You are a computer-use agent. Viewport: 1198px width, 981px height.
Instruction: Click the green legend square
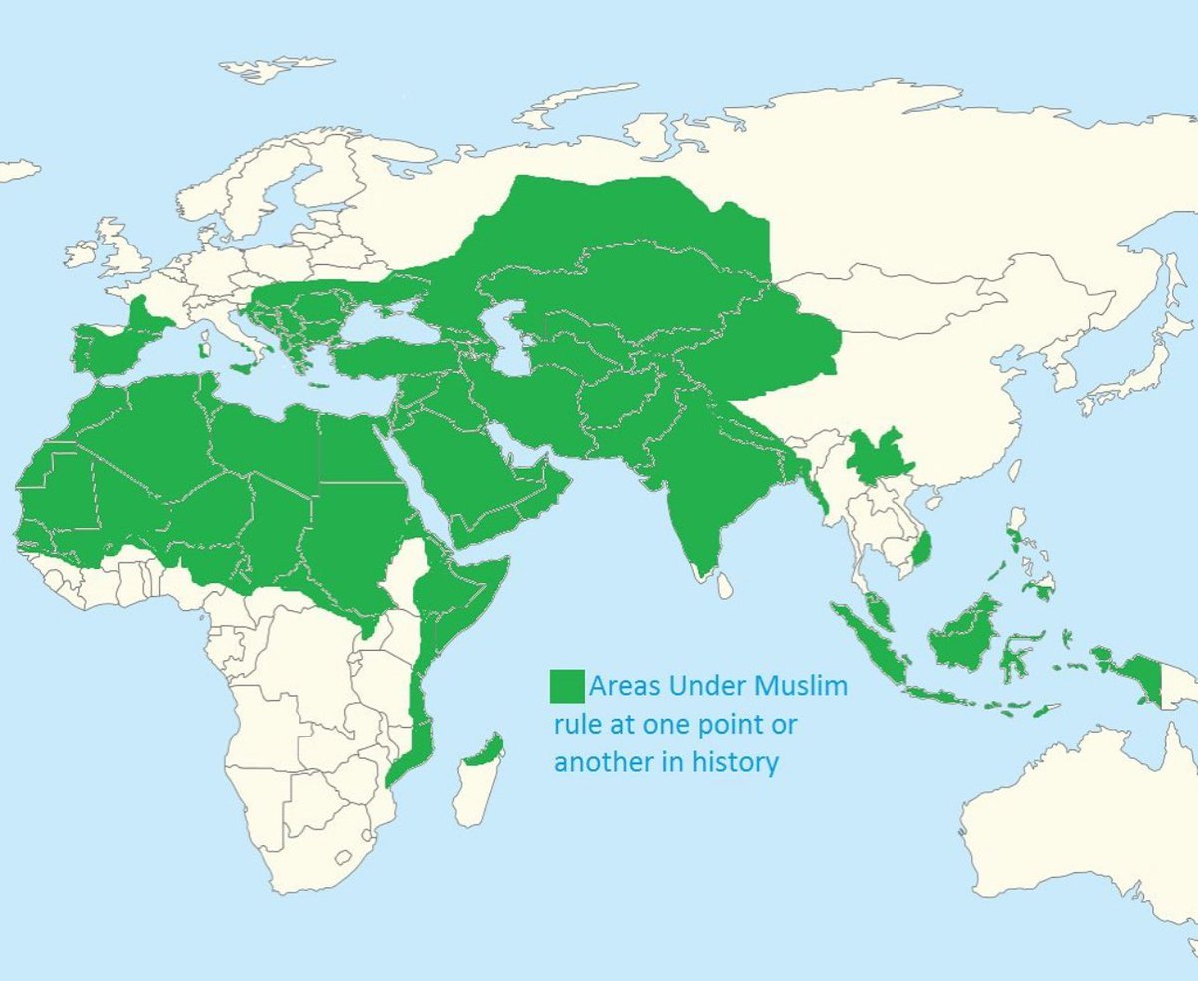coord(568,686)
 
